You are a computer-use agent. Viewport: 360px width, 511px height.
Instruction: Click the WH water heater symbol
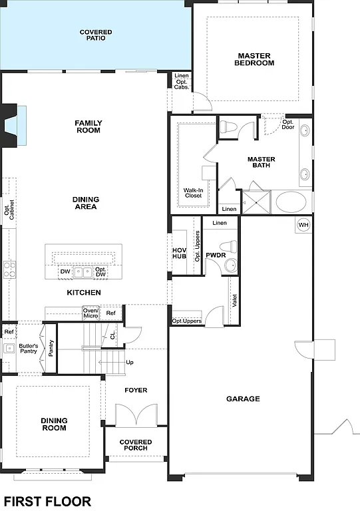tap(303, 225)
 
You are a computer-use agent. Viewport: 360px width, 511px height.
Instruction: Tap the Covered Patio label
tap(96, 35)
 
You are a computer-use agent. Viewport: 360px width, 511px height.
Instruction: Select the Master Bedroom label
tap(254, 59)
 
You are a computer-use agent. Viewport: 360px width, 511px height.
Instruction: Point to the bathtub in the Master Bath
tap(291, 202)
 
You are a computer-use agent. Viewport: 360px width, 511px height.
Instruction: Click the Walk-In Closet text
tap(193, 193)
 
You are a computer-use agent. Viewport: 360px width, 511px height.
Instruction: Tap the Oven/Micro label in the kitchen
tap(90, 313)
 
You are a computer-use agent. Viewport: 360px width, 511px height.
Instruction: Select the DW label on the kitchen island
tap(65, 272)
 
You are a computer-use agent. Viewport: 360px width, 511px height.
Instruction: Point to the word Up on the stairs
tap(129, 363)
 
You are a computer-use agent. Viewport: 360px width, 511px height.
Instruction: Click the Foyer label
tap(136, 390)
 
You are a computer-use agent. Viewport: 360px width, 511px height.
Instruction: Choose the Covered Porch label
tap(136, 445)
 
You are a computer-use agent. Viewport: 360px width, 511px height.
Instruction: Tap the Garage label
tap(243, 399)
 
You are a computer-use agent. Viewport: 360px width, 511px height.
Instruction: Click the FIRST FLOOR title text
tap(47, 501)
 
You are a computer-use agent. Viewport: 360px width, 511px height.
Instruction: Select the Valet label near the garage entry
tap(234, 300)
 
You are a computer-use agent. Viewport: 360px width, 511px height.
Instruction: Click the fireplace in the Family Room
tap(15, 124)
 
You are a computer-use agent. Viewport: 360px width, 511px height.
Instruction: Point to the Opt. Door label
tap(288, 124)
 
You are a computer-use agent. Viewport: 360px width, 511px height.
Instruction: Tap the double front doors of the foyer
tap(136, 415)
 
